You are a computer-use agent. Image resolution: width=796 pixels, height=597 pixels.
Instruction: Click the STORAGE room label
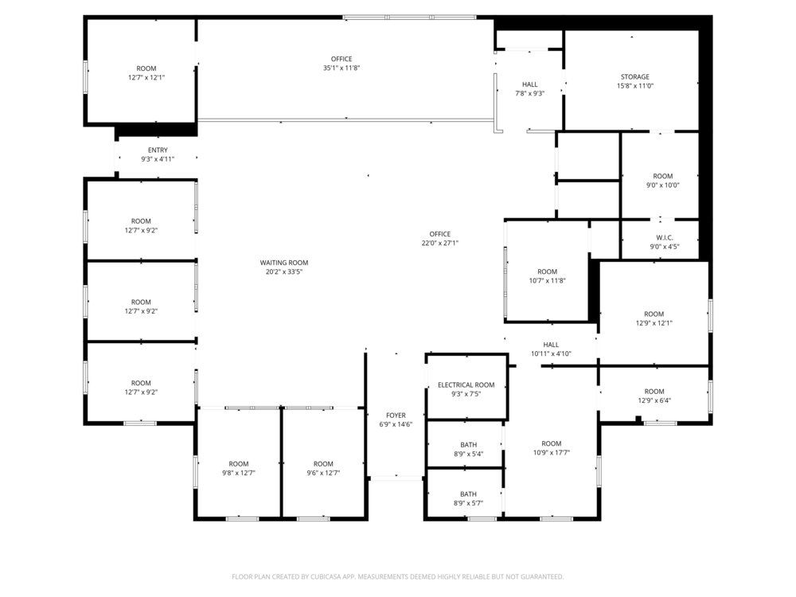coord(634,76)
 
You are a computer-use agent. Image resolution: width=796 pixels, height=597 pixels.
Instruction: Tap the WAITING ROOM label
coord(284,263)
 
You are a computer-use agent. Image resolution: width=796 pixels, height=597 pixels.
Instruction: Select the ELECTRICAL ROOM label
coord(466,384)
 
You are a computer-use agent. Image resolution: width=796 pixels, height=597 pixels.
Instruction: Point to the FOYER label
coord(396,416)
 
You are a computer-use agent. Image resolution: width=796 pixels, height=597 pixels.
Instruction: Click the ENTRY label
coord(158,150)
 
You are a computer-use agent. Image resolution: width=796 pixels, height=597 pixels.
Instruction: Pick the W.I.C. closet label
coord(664,237)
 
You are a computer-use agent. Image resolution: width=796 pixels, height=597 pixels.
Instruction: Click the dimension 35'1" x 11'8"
coord(341,68)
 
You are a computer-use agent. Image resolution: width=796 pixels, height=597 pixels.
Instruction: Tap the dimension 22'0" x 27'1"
coord(439,243)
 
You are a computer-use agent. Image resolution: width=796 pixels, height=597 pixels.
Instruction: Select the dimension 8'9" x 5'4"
coord(468,454)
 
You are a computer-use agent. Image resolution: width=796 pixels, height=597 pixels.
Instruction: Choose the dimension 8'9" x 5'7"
coord(468,503)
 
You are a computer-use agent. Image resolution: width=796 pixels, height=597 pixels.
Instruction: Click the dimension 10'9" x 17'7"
coord(552,452)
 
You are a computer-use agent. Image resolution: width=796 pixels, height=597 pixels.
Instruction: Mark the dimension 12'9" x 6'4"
coord(654,400)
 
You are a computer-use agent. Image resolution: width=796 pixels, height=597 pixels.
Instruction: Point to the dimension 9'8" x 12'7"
coord(239,473)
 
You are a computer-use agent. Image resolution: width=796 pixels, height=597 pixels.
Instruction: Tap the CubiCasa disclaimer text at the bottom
coord(397,576)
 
